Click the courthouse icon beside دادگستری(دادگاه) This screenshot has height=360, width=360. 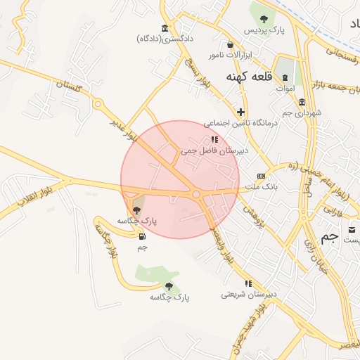point(165,28)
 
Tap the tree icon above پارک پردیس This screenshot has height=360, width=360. point(264,19)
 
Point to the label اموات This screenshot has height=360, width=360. point(285,89)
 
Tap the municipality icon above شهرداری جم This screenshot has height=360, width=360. point(302,103)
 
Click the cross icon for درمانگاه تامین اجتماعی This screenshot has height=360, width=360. point(241,112)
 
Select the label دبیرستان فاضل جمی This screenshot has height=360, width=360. point(210,150)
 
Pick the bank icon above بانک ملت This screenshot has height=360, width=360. point(261,176)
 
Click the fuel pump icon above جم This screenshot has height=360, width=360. point(143,236)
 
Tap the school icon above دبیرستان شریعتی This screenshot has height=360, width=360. point(247,283)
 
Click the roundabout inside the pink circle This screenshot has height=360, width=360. point(197,194)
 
